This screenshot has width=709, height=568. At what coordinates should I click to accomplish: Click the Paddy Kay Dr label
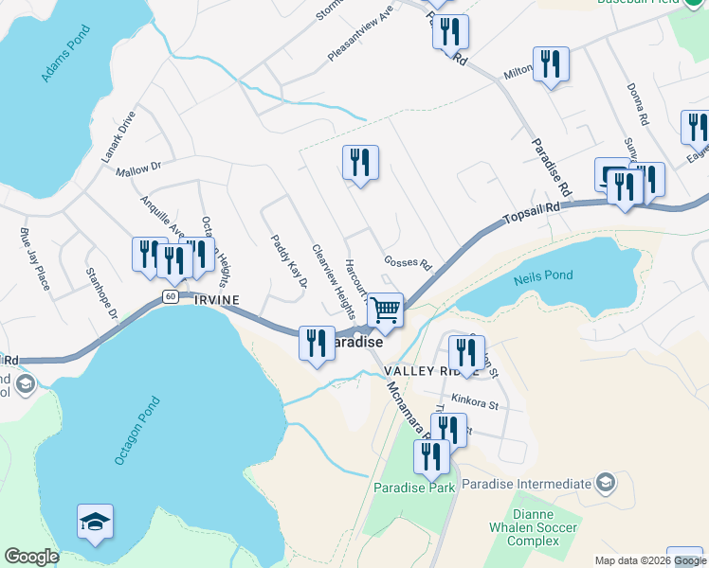pos(289,261)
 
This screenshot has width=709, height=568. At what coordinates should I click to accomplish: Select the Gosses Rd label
pos(408,262)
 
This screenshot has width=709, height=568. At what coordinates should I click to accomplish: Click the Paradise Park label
pos(414,488)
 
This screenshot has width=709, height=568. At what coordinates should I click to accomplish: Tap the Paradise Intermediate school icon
pos(604,484)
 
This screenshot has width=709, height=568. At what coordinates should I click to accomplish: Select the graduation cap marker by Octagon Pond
pos(95,522)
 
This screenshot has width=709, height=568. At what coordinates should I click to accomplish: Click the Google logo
pos(31,557)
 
